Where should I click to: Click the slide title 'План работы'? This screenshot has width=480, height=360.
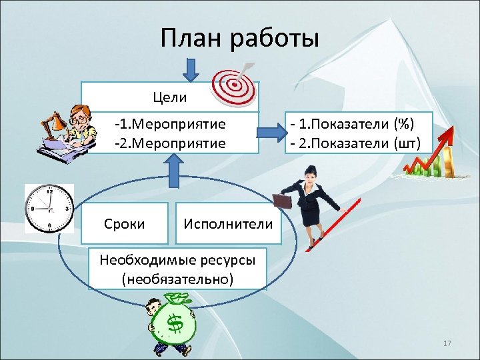click(240, 38)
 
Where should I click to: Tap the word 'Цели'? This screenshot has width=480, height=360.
click(170, 97)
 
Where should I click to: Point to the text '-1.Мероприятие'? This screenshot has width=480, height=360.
click(170, 124)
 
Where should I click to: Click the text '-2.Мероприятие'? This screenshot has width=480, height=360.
click(170, 143)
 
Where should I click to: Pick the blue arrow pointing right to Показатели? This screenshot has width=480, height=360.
click(269, 132)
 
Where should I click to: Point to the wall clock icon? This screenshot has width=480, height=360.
click(49, 207)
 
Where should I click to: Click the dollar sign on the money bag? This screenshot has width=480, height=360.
click(175, 324)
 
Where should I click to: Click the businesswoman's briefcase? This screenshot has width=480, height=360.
click(282, 201)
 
